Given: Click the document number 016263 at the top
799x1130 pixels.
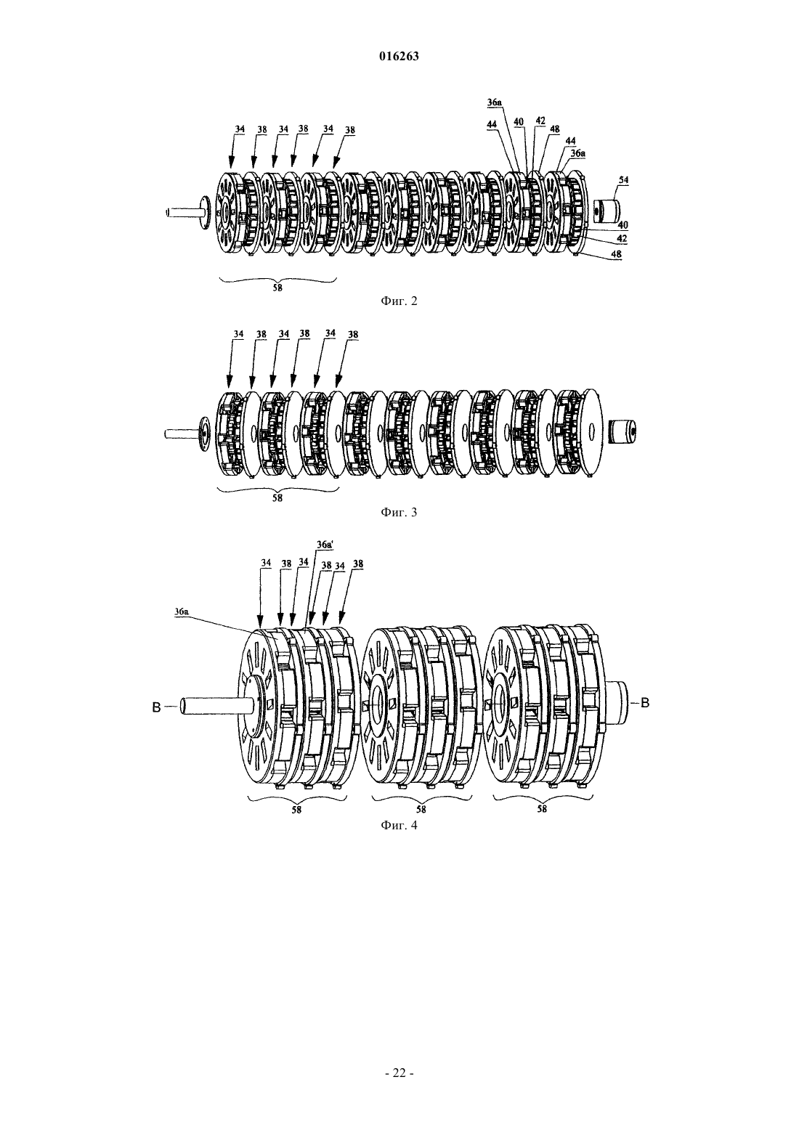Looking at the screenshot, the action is pos(399,57).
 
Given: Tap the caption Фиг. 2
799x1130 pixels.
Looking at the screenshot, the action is pos(399,301).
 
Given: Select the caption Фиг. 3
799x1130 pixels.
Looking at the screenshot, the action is pos(399,513).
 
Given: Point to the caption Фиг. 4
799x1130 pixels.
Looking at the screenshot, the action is pos(399,826).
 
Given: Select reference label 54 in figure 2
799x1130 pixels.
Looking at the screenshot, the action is pos(623,179).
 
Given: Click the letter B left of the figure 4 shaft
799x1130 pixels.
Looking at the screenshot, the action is pos(157,708).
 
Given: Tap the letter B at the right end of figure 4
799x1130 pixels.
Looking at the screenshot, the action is pos(645,703).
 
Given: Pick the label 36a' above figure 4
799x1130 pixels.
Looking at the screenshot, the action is pos(325,545).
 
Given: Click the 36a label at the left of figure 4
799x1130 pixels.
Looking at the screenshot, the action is pos(182,611).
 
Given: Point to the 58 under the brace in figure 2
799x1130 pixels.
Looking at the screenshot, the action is pos(277,288).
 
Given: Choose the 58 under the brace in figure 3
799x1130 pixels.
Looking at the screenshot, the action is pos(277,497).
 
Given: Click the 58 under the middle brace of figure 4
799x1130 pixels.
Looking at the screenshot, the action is pos(421,810).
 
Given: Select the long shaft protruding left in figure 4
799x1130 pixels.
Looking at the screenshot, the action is pos(208,705).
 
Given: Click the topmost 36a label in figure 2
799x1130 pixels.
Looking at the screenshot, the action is pos(495,103).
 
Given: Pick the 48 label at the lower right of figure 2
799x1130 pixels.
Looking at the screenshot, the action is pos(616,254).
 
